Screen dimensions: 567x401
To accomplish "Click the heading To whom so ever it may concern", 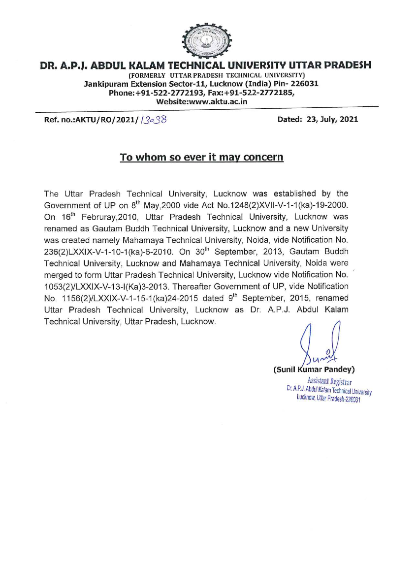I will click(202, 157).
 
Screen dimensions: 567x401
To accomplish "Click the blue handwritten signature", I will click(320, 344).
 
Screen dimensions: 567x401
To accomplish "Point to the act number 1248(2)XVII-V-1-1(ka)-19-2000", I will click(289, 205).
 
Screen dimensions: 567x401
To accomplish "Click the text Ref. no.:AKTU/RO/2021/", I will click(91, 119).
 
